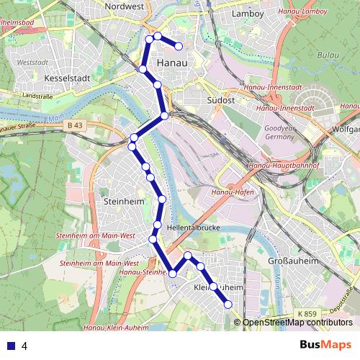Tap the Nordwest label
tap(125, 6)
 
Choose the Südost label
tap(220, 101)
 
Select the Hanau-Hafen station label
tap(233, 193)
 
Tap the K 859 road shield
tap(305, 315)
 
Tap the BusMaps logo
tap(325, 345)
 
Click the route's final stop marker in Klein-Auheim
tap(228, 305)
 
